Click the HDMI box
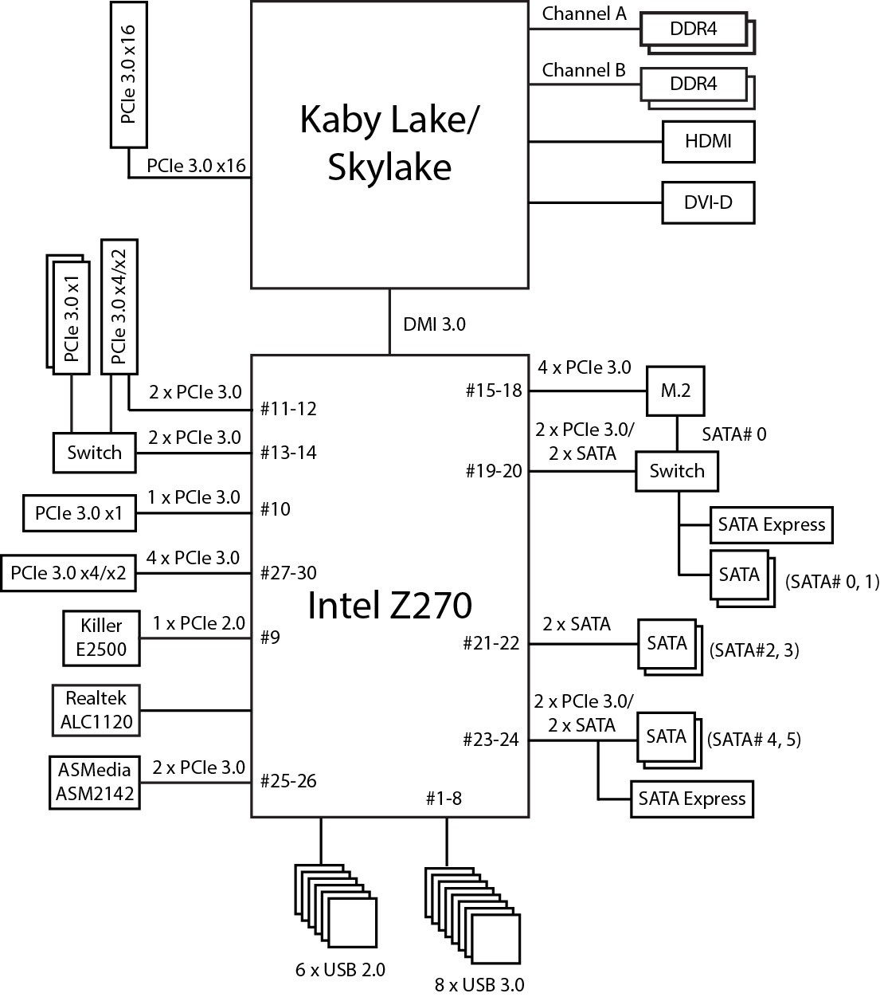click(x=708, y=142)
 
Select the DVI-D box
click(x=708, y=202)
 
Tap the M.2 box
click(x=675, y=391)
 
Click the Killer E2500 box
click(x=101, y=638)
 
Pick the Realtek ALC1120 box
click(x=95, y=710)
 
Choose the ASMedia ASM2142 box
click(x=95, y=782)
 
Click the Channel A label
click(x=585, y=14)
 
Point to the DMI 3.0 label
click(x=434, y=324)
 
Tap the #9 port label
click(x=271, y=638)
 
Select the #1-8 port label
click(x=444, y=798)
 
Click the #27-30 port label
click(x=288, y=573)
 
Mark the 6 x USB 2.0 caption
click(x=340, y=970)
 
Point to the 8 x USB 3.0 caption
click(x=479, y=985)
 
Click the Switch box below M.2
click(x=677, y=471)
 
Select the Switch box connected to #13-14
click(x=94, y=453)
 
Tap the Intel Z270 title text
click(x=389, y=606)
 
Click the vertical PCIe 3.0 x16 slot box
click(x=129, y=74)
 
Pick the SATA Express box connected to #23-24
click(x=691, y=799)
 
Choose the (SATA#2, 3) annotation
click(x=753, y=650)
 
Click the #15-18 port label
click(x=494, y=391)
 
